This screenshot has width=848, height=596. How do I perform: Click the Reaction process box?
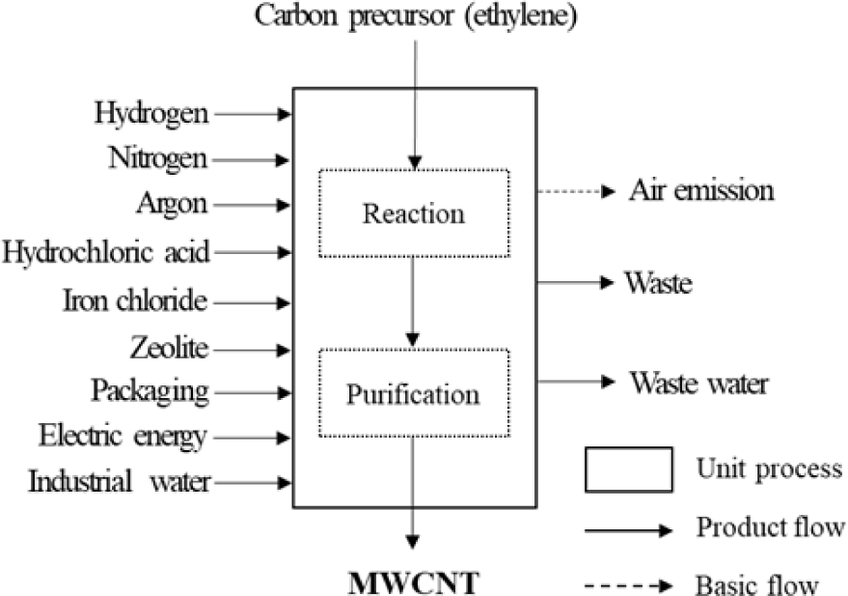pyautogui.click(x=413, y=213)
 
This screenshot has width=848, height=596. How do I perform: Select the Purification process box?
pyautogui.click(x=413, y=393)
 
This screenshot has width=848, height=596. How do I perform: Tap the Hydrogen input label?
pyautogui.click(x=151, y=113)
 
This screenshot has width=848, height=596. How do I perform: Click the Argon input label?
pyautogui.click(x=174, y=205)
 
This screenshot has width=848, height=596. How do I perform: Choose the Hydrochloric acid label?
pyautogui.click(x=105, y=252)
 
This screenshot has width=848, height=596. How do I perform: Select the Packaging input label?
pyautogui.click(x=150, y=391)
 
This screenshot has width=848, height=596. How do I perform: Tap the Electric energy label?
pyautogui.click(x=123, y=437)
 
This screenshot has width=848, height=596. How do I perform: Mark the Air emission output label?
pyautogui.click(x=701, y=190)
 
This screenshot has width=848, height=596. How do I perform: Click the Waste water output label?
pyautogui.click(x=698, y=383)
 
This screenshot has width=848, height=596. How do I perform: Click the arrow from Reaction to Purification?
pyautogui.click(x=413, y=300)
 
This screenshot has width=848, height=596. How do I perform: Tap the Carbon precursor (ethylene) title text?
pyautogui.click(x=416, y=16)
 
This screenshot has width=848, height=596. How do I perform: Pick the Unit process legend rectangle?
pyautogui.click(x=628, y=470)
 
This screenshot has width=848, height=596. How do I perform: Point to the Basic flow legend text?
pyautogui.click(x=756, y=585)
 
